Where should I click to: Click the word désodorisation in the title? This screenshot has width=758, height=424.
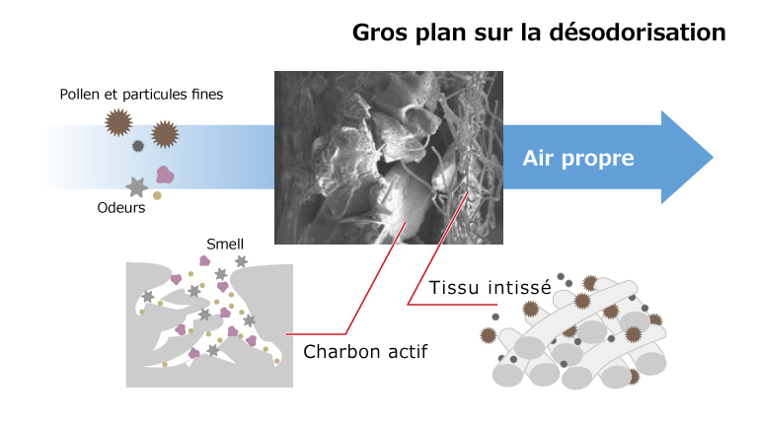[x=638, y=33]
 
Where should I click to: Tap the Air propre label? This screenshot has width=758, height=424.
[x=578, y=159]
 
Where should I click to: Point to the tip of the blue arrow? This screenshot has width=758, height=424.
[x=713, y=157]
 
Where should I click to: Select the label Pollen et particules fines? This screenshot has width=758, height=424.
[x=141, y=95]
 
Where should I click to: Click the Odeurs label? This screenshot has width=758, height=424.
[x=120, y=208]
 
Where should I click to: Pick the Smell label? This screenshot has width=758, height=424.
[x=225, y=245]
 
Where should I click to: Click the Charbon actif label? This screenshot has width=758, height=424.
[x=365, y=352]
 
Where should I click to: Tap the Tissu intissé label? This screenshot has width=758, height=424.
[x=491, y=287]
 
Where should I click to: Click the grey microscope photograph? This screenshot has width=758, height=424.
[x=389, y=158]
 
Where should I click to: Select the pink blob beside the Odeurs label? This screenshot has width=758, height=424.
[x=165, y=175]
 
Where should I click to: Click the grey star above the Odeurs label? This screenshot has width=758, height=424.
[x=137, y=187]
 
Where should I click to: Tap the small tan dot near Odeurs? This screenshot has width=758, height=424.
[x=157, y=195]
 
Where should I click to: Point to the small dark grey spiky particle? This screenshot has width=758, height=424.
[x=138, y=146]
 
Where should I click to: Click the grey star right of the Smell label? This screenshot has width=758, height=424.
[x=241, y=261]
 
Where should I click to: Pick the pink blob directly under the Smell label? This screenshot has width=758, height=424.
[x=205, y=261]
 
